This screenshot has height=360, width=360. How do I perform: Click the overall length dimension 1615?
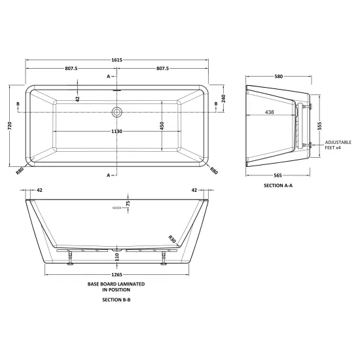[117, 60]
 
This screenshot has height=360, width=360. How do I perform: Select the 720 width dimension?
[10, 126]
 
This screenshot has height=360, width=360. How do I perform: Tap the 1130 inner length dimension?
[117, 132]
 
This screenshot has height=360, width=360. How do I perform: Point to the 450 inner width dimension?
[162, 126]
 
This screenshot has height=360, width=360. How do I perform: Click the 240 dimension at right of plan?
[224, 98]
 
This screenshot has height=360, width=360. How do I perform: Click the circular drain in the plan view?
[117, 112]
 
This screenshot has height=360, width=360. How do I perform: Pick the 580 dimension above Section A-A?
[278, 77]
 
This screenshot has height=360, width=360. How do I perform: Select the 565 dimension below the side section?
[278, 175]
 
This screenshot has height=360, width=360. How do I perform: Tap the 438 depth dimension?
[269, 112]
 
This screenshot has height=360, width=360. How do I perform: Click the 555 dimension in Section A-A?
[319, 126]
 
